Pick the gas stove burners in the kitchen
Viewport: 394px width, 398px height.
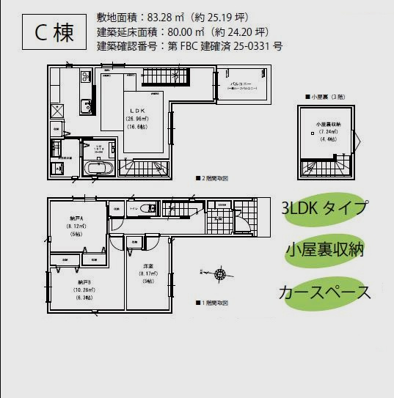pos(85,76)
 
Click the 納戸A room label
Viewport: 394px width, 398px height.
pos(77,218)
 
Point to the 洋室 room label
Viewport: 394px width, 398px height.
pos(147,268)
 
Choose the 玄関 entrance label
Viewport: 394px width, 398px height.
pos(218,217)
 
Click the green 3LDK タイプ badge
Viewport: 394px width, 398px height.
pos(323,208)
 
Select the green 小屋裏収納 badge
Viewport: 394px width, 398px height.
pos(326,251)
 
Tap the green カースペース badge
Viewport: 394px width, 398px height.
pos(324,293)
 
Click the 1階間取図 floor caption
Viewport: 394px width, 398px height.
pos(212,303)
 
